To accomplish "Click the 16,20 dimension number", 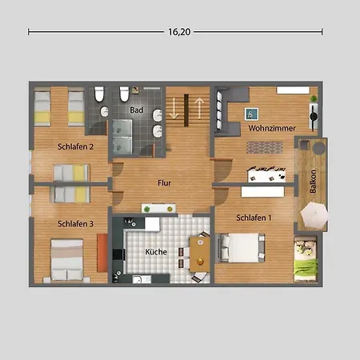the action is [179, 32].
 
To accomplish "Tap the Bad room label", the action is [137, 110].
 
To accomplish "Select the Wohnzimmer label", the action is [272, 128].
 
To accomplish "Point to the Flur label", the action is [164, 183].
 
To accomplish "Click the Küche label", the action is [156, 252].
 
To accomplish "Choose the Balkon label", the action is [313, 182].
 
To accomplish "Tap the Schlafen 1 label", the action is [254, 218].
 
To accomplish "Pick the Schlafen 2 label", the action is [75, 146].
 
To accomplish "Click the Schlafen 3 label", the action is [75, 224].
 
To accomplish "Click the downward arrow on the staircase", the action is [174, 108].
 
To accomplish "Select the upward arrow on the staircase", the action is [199, 108].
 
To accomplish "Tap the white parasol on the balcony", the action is [314, 215].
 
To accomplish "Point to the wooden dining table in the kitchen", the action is [200, 254].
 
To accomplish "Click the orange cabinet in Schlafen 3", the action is [102, 253].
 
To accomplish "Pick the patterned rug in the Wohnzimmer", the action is [265, 147].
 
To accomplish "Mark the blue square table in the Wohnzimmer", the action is [251, 114].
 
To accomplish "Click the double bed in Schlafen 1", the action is [242, 248].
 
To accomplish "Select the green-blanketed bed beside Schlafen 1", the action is [306, 258].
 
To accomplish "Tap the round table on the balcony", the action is [319, 148].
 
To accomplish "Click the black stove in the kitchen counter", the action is [118, 254].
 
